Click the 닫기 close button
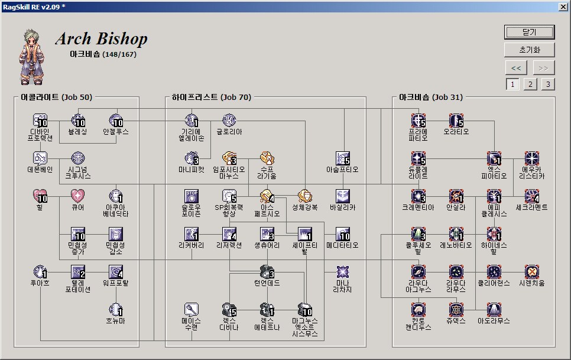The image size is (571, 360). click(x=529, y=32)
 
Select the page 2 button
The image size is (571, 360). click(x=530, y=84)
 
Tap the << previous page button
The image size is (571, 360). click(x=515, y=67)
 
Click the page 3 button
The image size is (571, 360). click(x=548, y=84)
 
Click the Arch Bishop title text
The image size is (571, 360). click(x=101, y=39)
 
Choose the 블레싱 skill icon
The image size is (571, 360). click(x=78, y=121)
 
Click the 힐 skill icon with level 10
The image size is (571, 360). click(x=40, y=196)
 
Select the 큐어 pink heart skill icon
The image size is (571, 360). click(x=78, y=196)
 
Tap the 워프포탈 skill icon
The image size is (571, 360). click(x=116, y=272)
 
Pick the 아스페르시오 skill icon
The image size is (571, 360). click(x=267, y=196)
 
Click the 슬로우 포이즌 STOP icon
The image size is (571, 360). click(x=191, y=196)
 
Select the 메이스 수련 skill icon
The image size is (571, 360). click(x=191, y=310)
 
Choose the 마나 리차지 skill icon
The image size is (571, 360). click(x=342, y=272)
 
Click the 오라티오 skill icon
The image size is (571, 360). click(x=456, y=121)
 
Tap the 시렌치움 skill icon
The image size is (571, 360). click(x=532, y=272)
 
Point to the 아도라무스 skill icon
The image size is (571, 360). click(x=494, y=310)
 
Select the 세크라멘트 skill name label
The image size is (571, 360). click(x=532, y=207)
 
